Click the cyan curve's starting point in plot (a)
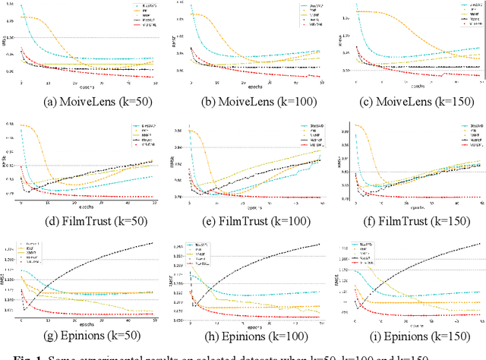21,6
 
